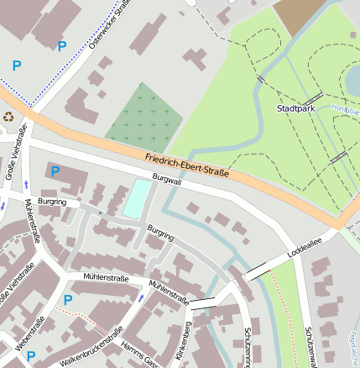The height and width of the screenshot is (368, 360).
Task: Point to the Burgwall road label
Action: click(166, 180)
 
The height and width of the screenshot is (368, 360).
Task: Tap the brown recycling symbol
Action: click(8, 117)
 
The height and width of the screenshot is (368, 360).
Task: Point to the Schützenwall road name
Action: click(310, 344)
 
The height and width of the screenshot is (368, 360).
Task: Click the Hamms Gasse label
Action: click(140, 350)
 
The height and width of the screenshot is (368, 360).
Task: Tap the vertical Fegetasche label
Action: click(350, 344)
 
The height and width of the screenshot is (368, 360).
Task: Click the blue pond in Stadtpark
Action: click(353, 80)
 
